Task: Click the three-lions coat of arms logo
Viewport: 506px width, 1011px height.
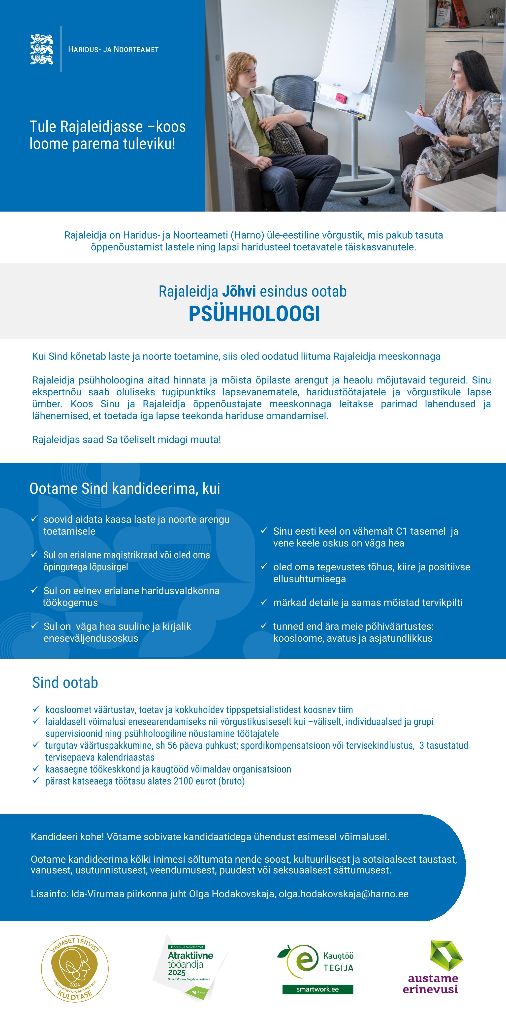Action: [42, 49]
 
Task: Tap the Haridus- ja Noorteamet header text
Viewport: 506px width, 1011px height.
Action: [113, 50]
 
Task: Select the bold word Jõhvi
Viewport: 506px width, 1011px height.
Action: [239, 292]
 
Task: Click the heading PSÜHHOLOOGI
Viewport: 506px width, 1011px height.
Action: [254, 314]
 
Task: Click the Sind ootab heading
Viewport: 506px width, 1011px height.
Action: [65, 683]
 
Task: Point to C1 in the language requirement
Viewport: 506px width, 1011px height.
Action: [401, 531]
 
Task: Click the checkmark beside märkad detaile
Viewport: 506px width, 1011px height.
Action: [264, 602]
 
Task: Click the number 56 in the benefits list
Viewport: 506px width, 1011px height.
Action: [172, 745]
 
